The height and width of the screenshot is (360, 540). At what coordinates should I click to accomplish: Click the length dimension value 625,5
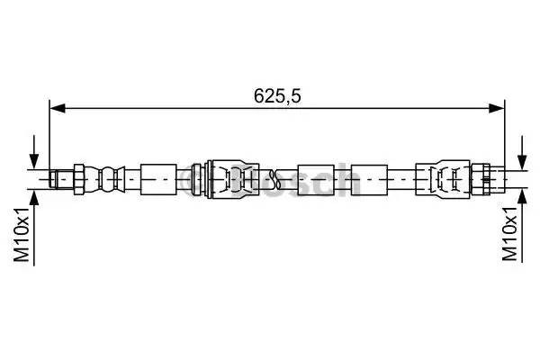pos(276,93)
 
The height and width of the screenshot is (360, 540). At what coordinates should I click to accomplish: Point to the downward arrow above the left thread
pos(35,155)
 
